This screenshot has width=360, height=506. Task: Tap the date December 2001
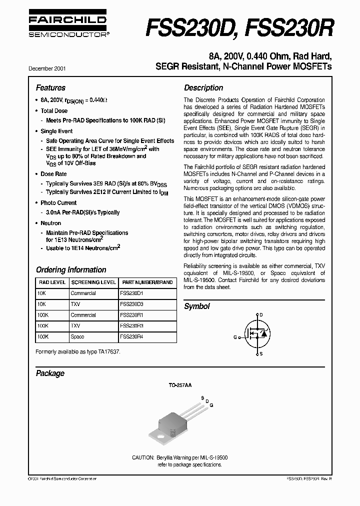point(50,67)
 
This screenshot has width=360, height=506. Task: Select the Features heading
point(50,87)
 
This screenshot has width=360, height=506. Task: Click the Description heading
point(203,87)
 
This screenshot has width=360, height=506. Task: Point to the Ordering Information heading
point(71,269)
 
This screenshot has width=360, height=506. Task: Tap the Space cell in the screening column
point(77,337)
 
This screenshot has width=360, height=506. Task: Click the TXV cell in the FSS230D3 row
point(75,304)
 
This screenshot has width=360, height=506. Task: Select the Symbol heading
point(197,306)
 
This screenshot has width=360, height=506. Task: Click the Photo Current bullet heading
point(58,203)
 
